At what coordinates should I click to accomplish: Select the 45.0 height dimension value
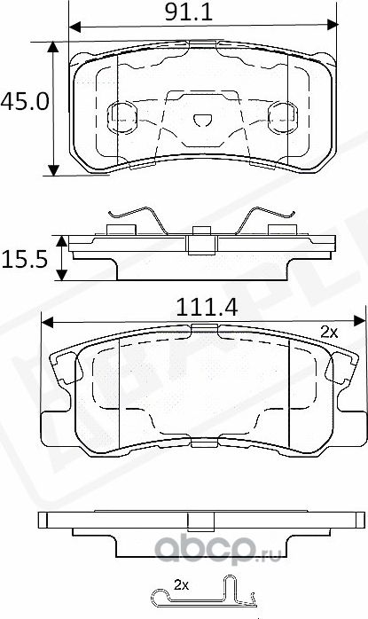(23, 101)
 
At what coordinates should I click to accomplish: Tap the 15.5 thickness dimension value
(24, 259)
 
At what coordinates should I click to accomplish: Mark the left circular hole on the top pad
(119, 114)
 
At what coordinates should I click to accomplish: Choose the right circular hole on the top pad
(283, 114)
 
